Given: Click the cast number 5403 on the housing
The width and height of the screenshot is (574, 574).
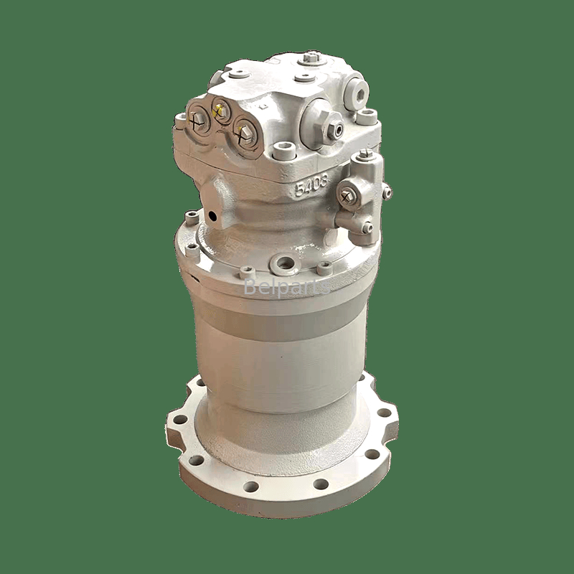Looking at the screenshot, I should pos(311,186).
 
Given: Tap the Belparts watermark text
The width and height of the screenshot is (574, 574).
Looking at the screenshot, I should pos(286,288).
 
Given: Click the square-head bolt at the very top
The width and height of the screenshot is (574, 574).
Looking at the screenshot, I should pos(311,58).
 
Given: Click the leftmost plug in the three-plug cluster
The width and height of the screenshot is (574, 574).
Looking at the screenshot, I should pos(197,119).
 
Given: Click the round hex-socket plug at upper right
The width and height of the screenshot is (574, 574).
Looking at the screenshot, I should pos(356,93).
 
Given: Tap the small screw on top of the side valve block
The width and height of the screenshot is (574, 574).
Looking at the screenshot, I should pos(364,154).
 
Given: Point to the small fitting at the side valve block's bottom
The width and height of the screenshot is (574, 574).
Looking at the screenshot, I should pos(366,227).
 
